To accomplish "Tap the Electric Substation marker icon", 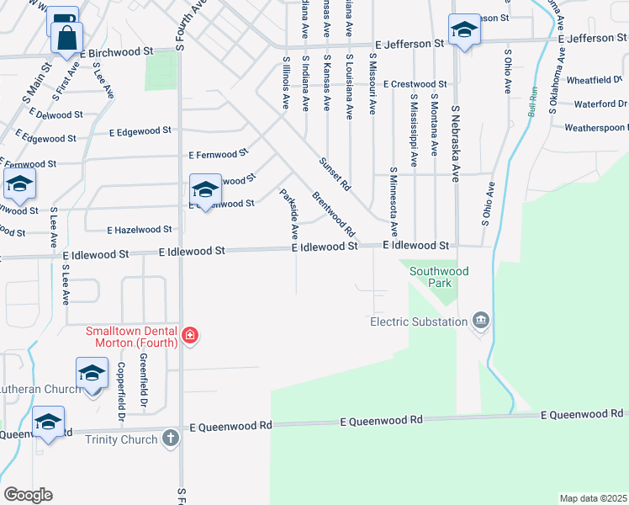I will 481,321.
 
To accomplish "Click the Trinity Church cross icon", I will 171,439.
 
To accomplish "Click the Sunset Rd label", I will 334,173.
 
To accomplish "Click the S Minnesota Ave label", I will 393,201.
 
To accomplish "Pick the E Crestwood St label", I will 415,84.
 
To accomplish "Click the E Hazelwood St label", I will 140,229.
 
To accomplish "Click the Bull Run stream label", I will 531,104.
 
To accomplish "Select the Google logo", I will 28,495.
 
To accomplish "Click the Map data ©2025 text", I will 593,498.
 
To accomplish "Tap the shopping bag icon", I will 66,37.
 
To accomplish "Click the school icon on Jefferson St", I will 462,30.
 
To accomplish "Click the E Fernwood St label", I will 219,155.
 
